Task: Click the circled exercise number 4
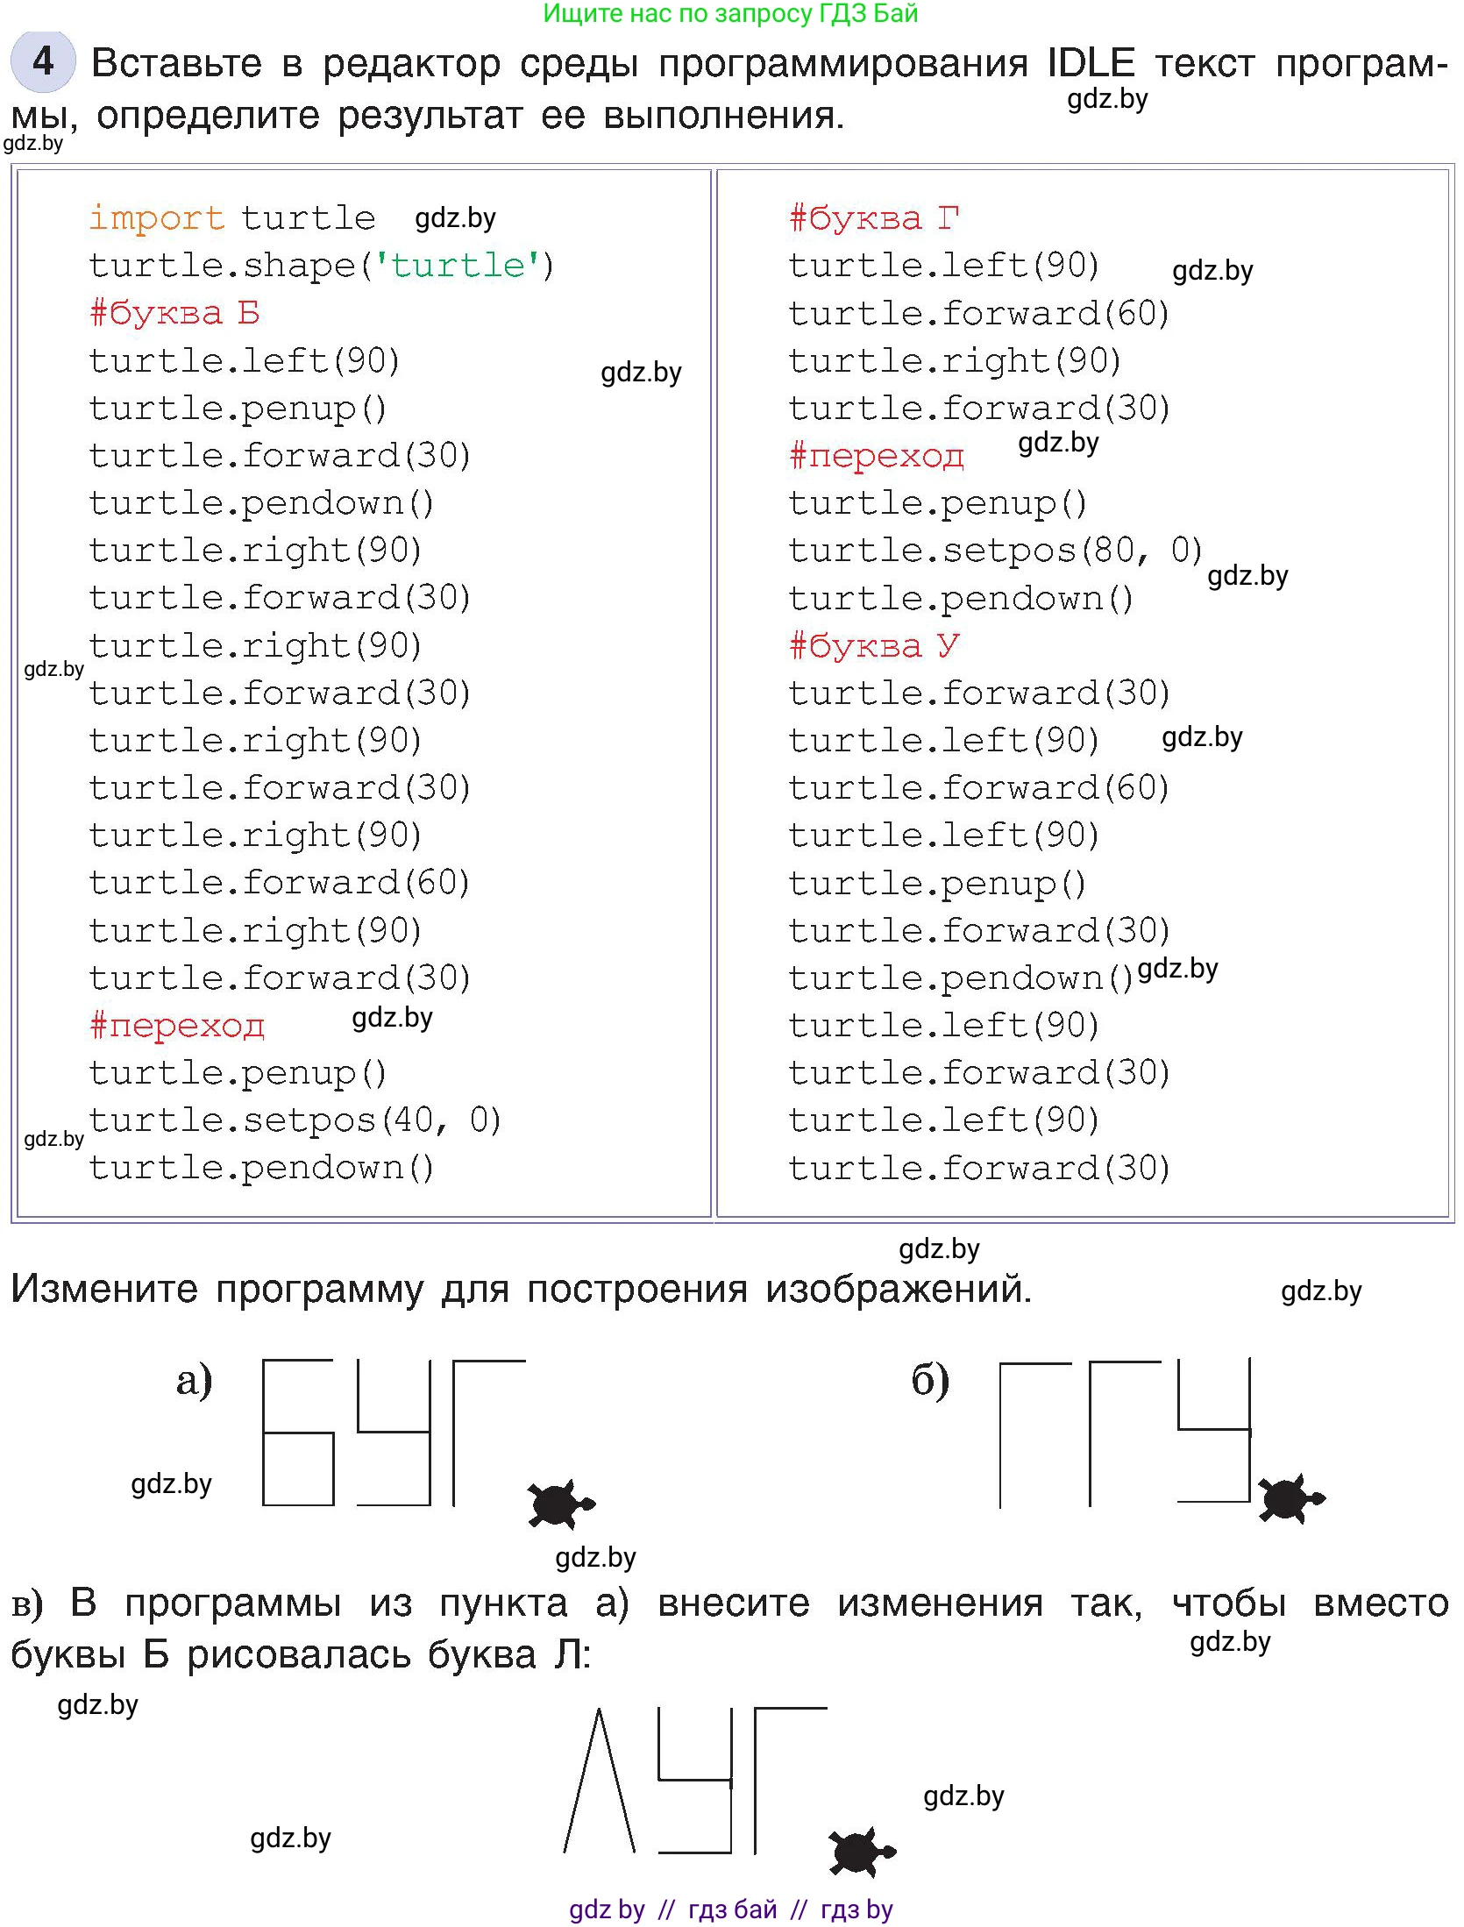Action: tap(43, 61)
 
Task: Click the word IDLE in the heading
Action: tap(1091, 63)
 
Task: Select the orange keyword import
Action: tap(157, 217)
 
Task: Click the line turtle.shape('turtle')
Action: tap(321, 265)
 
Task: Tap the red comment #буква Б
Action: tap(174, 313)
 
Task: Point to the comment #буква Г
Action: tap(874, 217)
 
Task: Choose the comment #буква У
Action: tap(874, 645)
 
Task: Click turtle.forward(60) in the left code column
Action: tap(280, 882)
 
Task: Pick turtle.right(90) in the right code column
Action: tap(954, 360)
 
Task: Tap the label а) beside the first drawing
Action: tap(194, 1381)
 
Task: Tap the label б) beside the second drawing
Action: tap(930, 1381)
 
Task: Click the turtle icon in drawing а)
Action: tap(560, 1504)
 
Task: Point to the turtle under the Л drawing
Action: tap(861, 1852)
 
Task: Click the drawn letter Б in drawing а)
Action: tap(298, 1433)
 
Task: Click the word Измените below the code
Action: tap(104, 1289)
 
